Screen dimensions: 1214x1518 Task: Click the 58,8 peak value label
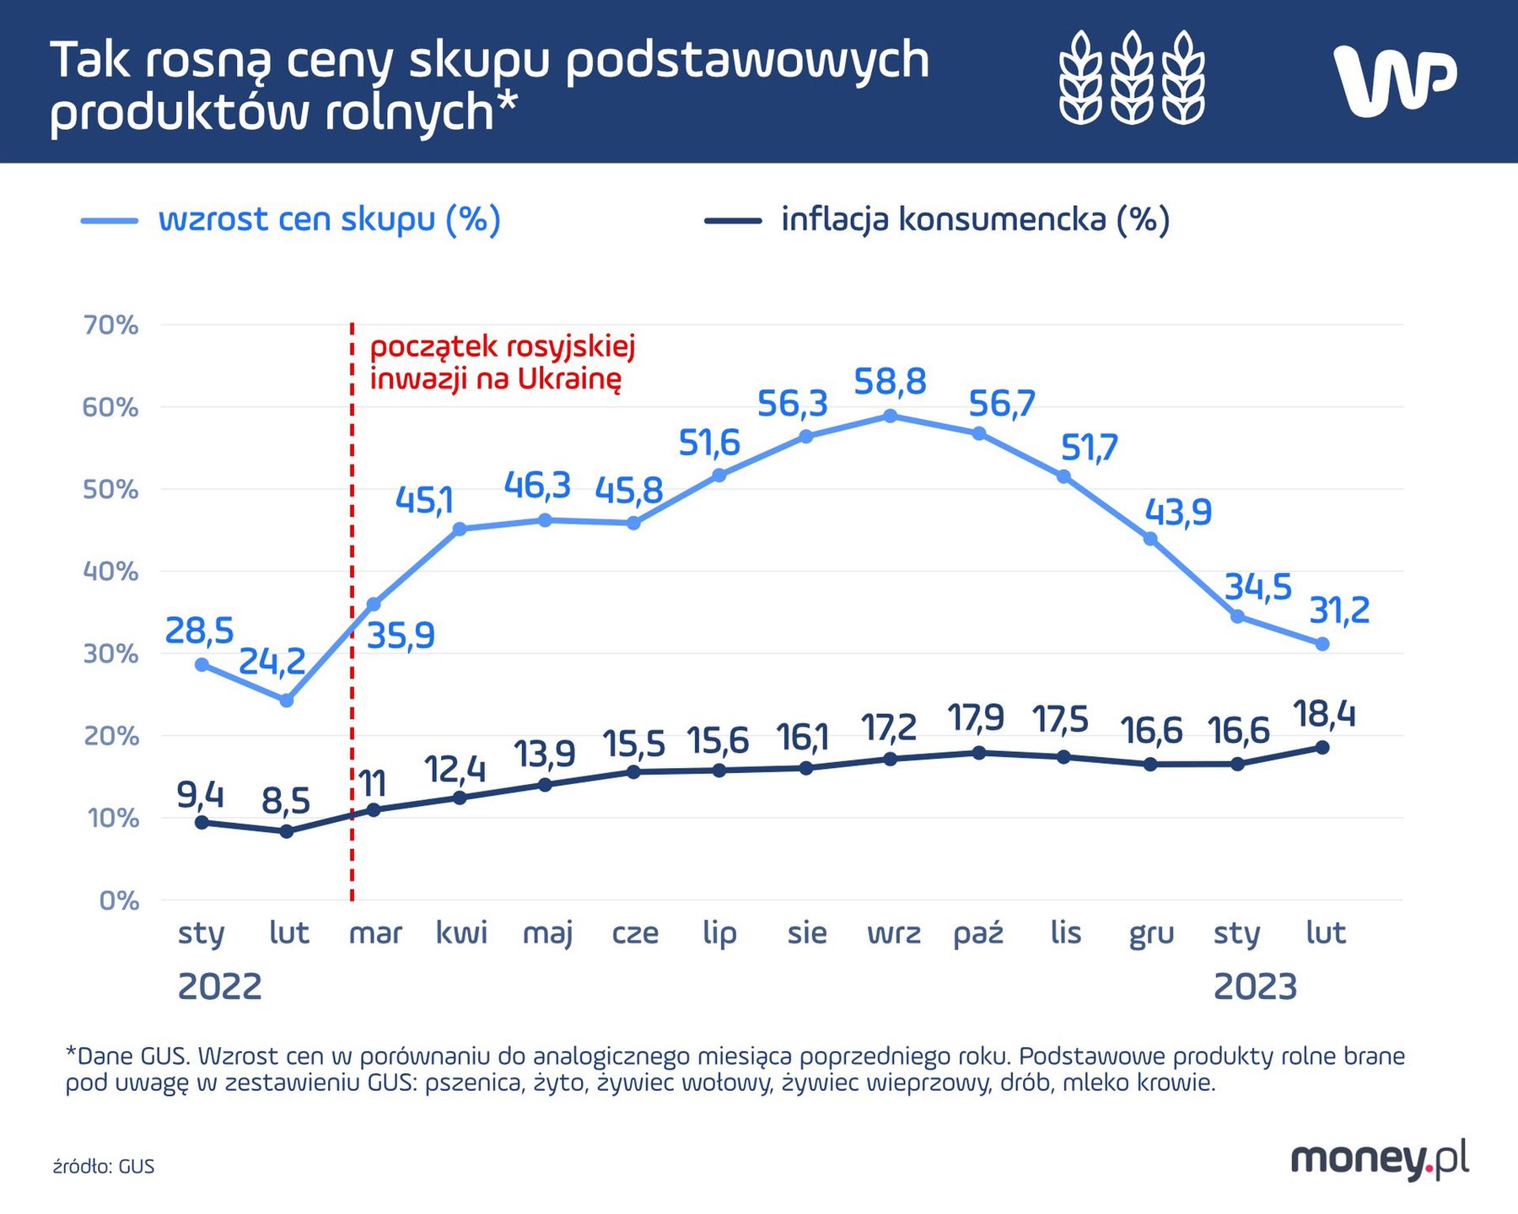click(x=890, y=382)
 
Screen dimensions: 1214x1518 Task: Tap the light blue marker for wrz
click(x=890, y=416)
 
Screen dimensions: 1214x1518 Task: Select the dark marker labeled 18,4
click(x=1322, y=748)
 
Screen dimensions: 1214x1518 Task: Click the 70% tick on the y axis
click(x=110, y=325)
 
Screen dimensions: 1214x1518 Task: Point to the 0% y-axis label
click(x=119, y=900)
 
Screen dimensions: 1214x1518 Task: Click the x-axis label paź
click(x=978, y=933)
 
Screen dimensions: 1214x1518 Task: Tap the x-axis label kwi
click(x=461, y=932)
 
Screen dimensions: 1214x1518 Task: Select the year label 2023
click(x=1255, y=986)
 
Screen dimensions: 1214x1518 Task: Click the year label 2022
click(x=219, y=986)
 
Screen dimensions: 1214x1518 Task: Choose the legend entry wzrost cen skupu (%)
click(x=329, y=219)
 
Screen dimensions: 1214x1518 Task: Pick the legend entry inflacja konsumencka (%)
click(x=974, y=219)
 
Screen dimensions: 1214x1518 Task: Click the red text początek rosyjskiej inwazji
click(x=502, y=363)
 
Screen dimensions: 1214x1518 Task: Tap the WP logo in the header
click(x=1396, y=80)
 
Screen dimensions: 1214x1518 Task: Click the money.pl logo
click(x=1379, y=1161)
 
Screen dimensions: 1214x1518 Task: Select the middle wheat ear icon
click(x=1132, y=78)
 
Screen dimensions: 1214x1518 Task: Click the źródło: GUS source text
click(x=104, y=1167)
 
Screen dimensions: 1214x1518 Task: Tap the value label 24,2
click(x=272, y=662)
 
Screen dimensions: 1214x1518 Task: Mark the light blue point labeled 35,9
click(x=374, y=604)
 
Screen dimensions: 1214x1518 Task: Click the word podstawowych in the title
click(x=746, y=61)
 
